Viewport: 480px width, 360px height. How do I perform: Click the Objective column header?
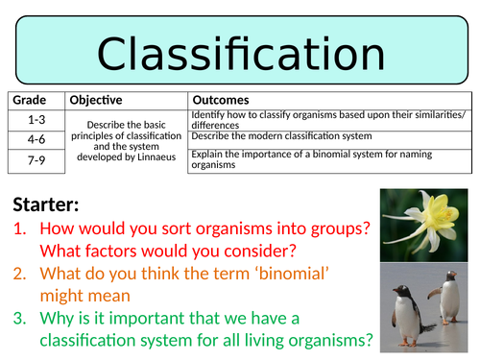point(99,100)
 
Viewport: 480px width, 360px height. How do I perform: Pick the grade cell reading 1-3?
point(36,119)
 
